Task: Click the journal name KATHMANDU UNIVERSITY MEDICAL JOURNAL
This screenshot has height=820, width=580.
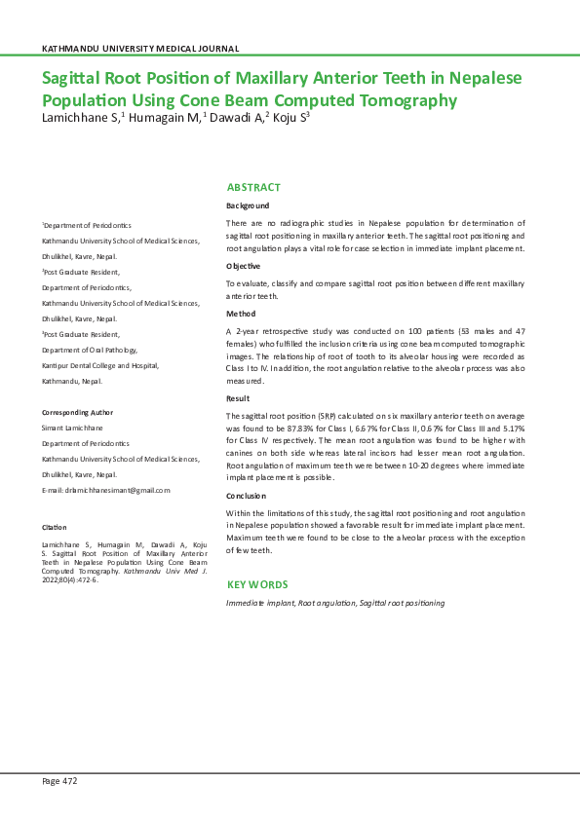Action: tap(140, 49)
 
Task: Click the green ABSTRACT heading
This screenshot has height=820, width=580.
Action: tap(253, 187)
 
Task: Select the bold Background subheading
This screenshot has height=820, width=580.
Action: tap(248, 206)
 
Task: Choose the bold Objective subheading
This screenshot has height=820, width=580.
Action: tap(244, 266)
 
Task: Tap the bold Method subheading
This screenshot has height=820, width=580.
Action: tap(240, 314)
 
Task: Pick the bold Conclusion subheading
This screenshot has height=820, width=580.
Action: tap(247, 496)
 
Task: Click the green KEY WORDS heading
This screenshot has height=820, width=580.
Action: tap(257, 584)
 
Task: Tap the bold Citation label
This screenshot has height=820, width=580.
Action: tap(54, 527)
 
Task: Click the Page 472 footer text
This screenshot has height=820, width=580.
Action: tap(58, 781)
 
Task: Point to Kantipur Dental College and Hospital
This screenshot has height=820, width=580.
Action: tap(99, 365)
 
